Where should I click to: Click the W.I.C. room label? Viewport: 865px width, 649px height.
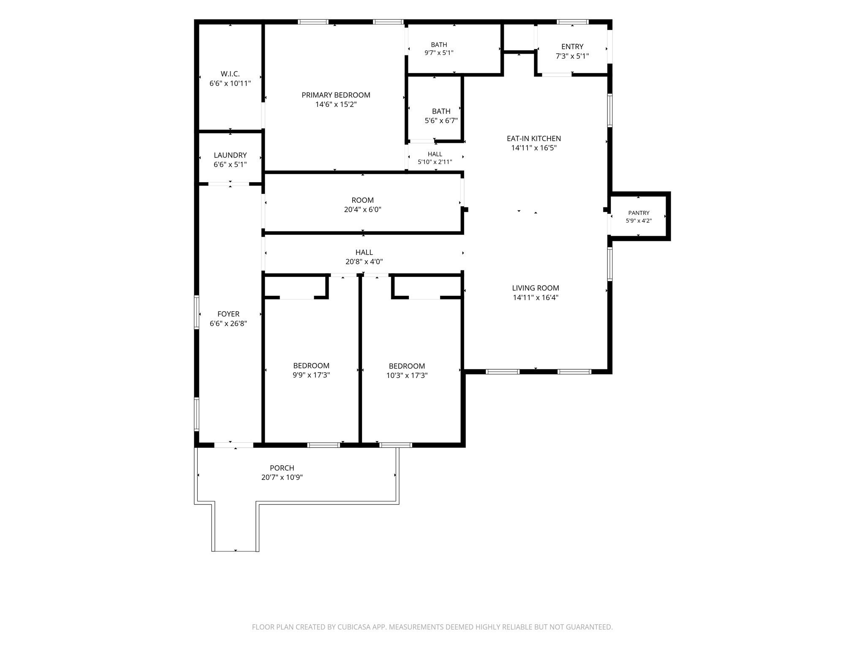pos(230,74)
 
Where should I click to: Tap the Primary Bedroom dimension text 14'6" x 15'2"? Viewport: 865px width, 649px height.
pos(336,104)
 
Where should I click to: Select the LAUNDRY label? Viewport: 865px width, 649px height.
pos(230,155)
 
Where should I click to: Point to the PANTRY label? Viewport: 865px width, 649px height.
pos(639,213)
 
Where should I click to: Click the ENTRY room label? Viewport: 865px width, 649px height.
pos(572,46)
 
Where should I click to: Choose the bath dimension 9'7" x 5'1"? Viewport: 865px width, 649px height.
pos(439,53)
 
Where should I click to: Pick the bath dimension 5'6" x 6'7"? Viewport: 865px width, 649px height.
pos(441,120)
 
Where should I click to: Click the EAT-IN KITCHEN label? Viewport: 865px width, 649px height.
pos(534,139)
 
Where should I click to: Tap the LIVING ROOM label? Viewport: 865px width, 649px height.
pos(536,288)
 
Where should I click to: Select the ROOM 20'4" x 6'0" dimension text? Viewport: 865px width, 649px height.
pos(362,210)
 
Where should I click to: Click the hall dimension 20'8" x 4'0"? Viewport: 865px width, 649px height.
pos(364,262)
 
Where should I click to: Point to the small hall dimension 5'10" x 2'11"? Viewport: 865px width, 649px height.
pos(435,162)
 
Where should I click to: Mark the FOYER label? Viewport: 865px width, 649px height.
pos(228,314)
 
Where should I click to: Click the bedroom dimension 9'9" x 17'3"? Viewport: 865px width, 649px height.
pos(311,375)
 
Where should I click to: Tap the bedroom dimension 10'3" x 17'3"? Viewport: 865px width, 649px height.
pos(407,375)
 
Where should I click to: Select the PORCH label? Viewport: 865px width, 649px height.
pos(282,468)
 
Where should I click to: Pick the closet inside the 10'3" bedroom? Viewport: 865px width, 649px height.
pos(427,287)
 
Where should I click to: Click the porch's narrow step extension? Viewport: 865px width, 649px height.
pos(235,526)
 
